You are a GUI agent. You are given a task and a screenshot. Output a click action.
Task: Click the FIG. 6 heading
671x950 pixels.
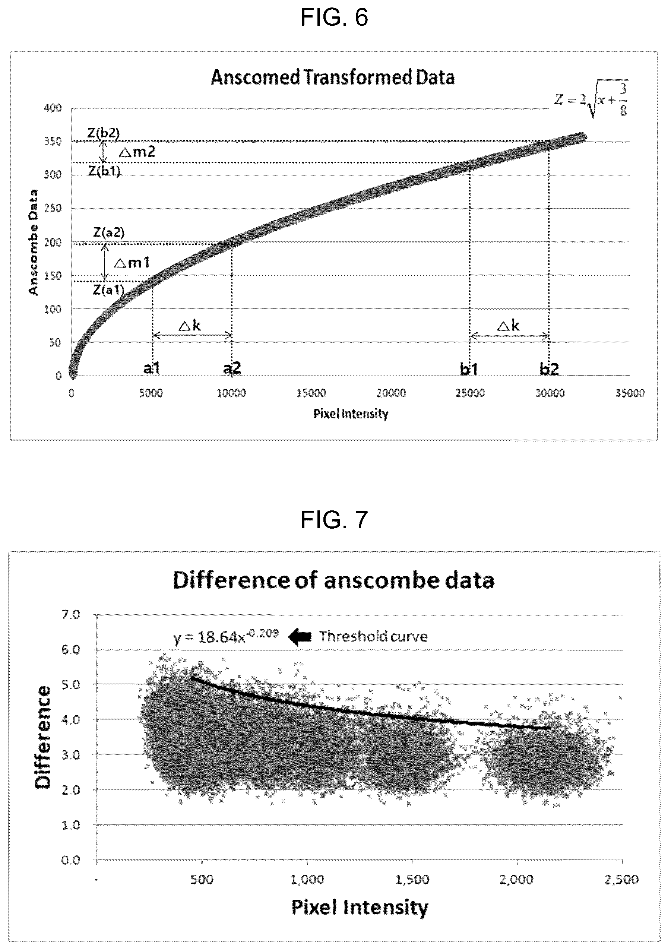point(334,18)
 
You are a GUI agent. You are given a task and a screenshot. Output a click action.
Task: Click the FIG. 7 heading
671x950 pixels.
point(334,519)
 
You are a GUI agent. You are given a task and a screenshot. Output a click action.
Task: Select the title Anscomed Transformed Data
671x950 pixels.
point(333,77)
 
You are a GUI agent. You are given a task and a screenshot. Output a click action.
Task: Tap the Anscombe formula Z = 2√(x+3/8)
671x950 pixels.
point(591,100)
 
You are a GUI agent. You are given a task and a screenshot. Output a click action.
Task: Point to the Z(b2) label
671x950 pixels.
point(104,133)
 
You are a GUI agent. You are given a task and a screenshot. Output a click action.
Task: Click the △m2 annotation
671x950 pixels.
point(137,152)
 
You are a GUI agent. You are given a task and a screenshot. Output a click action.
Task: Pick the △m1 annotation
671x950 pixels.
point(132,262)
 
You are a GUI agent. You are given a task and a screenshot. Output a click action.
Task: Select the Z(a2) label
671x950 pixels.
point(108,232)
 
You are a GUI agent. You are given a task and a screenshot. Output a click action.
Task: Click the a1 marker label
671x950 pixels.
point(151,368)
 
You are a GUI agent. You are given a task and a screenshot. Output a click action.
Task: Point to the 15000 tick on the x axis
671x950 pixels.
point(311,393)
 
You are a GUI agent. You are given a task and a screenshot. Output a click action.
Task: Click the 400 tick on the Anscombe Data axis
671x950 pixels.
point(53,108)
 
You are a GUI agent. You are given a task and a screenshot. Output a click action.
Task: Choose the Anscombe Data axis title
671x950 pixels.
point(33,242)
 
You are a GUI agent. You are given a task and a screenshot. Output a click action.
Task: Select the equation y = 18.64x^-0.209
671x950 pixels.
point(226,636)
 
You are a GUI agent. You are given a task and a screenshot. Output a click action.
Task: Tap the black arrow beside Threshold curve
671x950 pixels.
point(300,636)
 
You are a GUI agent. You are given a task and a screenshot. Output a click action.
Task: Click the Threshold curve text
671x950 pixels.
point(373,636)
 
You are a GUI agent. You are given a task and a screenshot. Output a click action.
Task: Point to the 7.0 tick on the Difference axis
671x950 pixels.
point(71,615)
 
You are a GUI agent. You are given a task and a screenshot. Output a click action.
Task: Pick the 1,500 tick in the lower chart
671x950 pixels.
point(412,879)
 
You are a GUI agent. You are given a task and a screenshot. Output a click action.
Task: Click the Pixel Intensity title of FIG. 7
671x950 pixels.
point(360,908)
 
